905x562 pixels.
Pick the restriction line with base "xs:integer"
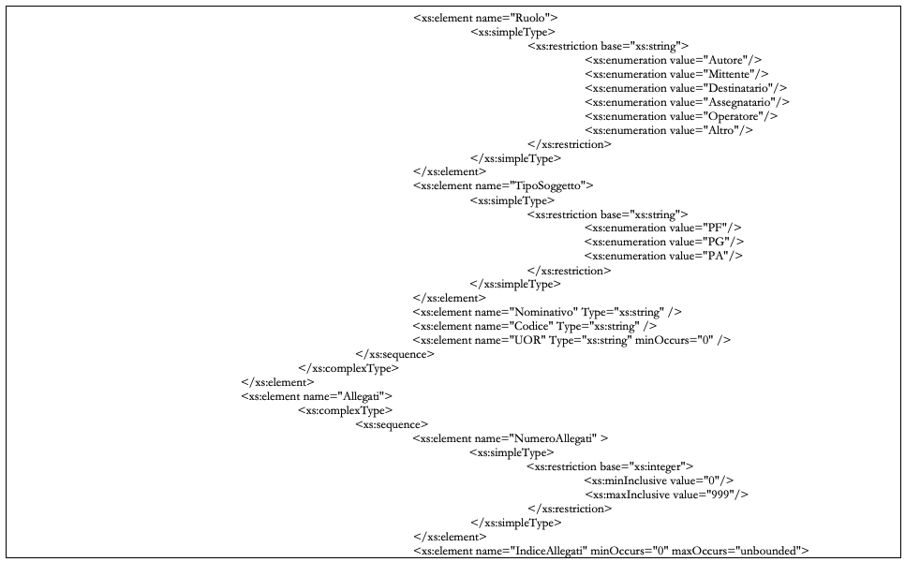pos(609,466)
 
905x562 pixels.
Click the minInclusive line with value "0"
pos(653,481)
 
